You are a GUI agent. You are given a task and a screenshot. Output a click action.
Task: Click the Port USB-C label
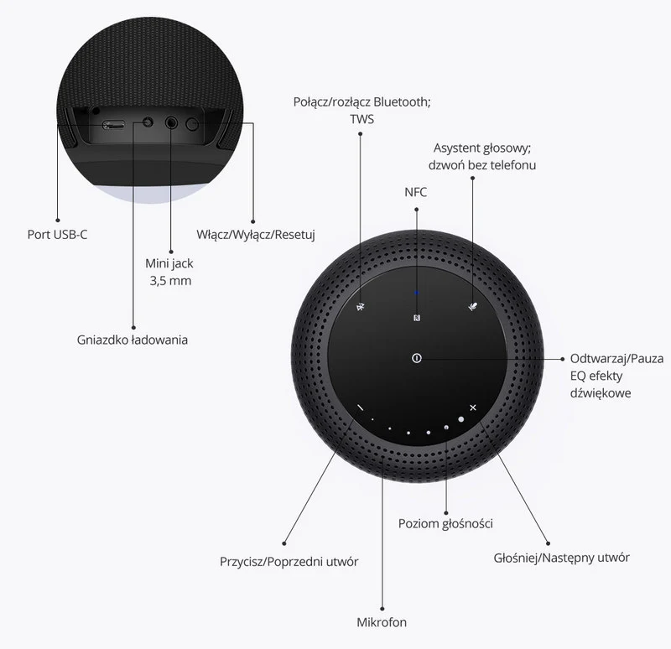57,234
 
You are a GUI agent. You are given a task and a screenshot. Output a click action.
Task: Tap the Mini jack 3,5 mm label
170,272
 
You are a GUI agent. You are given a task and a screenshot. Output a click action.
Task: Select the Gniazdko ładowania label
133,340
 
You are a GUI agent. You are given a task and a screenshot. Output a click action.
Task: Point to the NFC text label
416,192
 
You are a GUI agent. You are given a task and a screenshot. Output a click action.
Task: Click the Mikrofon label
382,622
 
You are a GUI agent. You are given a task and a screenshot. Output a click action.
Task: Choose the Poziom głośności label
445,523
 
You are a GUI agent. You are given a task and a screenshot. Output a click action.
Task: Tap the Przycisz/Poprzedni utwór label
289,561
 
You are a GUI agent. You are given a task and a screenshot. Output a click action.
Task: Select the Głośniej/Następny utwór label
561,557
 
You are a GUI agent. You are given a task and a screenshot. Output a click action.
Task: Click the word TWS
362,119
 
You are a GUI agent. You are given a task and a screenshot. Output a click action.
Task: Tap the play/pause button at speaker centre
417,359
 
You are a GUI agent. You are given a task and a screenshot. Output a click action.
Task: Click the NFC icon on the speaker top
417,317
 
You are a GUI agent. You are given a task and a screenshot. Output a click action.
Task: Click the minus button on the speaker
359,408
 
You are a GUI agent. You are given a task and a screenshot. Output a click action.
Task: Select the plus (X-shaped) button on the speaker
473,408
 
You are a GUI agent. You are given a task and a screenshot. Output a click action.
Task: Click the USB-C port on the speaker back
113,125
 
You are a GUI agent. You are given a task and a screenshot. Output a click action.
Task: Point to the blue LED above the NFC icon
417,293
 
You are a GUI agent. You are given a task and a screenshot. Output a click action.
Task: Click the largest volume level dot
460,418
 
